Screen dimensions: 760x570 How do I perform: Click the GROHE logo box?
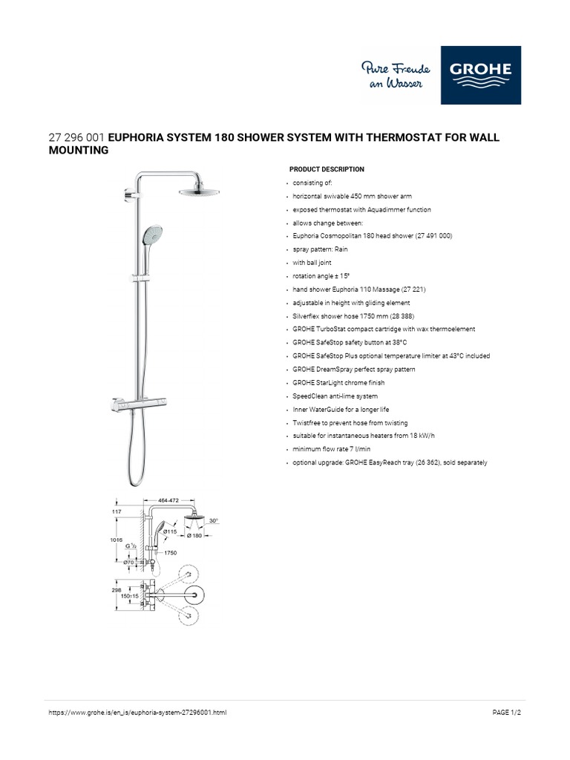[x=480, y=75]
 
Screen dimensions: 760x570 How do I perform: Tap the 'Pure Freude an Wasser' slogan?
[x=392, y=76]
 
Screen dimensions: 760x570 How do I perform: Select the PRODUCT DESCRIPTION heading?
[x=327, y=169]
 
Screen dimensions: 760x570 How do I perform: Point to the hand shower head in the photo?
[x=147, y=239]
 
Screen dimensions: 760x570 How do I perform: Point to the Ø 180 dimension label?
[x=195, y=535]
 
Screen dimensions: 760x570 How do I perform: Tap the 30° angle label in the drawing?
[x=214, y=520]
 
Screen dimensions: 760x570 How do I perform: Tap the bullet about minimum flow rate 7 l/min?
[x=331, y=449]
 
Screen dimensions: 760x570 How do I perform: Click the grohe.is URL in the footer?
[x=137, y=712]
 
